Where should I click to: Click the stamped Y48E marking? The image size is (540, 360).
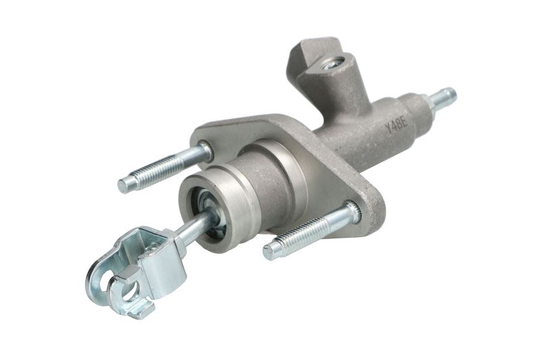[x=396, y=126]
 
